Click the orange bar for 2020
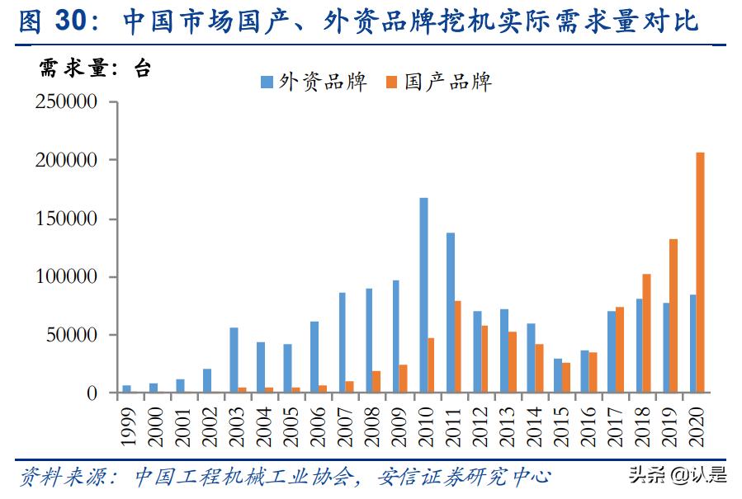[x=701, y=272]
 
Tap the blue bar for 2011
[x=451, y=313]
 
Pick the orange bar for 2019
[x=673, y=316]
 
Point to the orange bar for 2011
[x=458, y=347]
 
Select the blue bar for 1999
[x=126, y=388]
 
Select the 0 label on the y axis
[x=92, y=393]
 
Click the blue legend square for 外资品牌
[x=266, y=82]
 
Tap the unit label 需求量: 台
[x=95, y=68]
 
